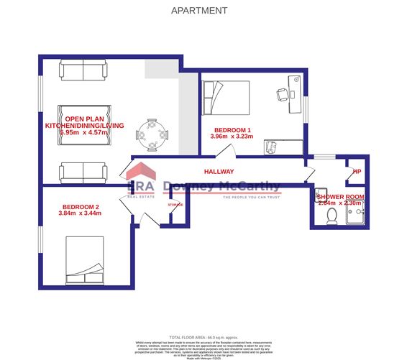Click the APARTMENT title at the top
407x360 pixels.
coord(200,11)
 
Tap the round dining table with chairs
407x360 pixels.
coord(152,133)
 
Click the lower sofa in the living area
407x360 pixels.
coord(83,172)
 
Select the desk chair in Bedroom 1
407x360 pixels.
coord(281,95)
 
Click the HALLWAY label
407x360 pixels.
coord(219,172)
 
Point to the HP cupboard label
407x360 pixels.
coord(356,172)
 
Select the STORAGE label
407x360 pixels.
coord(175,205)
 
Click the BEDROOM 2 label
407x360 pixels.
coord(80,207)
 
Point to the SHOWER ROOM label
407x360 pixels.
coord(341,196)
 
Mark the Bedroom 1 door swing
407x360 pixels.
coord(226,150)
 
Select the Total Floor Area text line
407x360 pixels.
coord(203,336)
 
